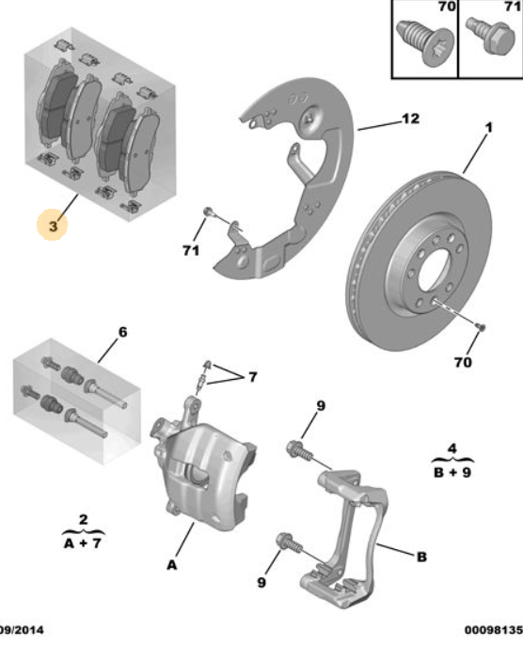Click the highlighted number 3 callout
coord(53,226)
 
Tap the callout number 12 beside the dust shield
coord(409,119)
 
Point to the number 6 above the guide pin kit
coord(121,332)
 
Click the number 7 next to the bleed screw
coord(251,377)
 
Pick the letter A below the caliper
coord(171,564)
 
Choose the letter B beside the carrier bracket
coord(421,557)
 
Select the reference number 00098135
coord(492,630)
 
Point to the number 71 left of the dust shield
coord(191,250)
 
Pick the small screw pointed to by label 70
coord(480,325)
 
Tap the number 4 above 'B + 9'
coord(452,446)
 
